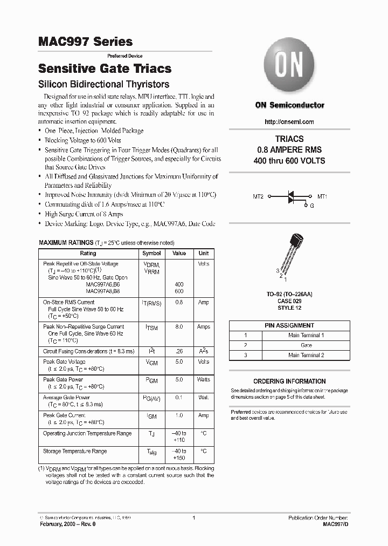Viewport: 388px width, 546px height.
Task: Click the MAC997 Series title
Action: tap(85, 42)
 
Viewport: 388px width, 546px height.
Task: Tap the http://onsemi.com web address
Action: tap(289, 122)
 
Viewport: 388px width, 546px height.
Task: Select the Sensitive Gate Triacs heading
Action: tap(105, 69)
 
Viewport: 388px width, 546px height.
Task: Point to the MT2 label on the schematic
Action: tap(258, 197)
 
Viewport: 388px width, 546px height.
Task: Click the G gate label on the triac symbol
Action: tap(311, 206)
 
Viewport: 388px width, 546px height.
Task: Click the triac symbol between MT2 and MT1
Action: tap(290, 197)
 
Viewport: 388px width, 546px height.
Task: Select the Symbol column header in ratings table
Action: tap(151, 253)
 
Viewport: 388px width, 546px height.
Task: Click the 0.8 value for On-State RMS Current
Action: tap(179, 303)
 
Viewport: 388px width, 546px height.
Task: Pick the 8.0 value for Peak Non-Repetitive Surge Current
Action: tap(179, 327)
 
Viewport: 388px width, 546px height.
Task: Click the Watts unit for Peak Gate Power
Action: tap(203, 380)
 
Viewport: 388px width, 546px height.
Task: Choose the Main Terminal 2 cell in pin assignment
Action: tap(306, 355)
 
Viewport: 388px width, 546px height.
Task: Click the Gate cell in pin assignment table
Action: tap(306, 345)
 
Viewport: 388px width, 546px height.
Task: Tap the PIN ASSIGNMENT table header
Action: tap(289, 325)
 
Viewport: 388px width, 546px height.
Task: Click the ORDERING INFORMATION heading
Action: tap(289, 381)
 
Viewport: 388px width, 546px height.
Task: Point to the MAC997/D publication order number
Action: tap(336, 524)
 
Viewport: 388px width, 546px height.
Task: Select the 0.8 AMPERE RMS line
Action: tap(289, 150)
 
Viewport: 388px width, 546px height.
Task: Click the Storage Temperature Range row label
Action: tap(75, 451)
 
